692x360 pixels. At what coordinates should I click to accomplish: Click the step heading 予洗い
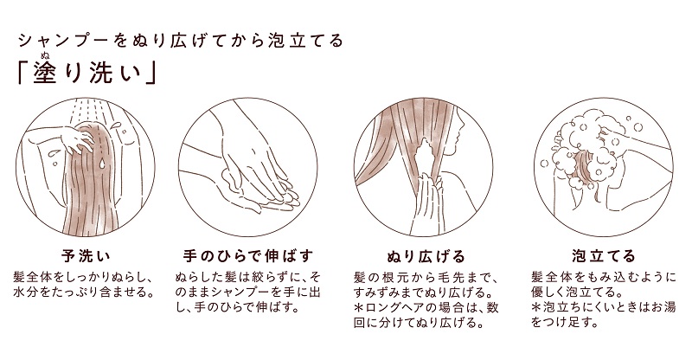coord(86,256)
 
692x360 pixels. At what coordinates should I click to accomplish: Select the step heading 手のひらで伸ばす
coord(248,256)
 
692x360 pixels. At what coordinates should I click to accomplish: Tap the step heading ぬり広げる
coord(426,256)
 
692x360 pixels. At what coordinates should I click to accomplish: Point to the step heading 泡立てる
coord(603,256)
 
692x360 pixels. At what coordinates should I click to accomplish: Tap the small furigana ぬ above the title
coord(45,55)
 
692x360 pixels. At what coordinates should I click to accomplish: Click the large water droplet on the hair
coord(102,164)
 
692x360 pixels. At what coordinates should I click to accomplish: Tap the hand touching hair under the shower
coord(76,137)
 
